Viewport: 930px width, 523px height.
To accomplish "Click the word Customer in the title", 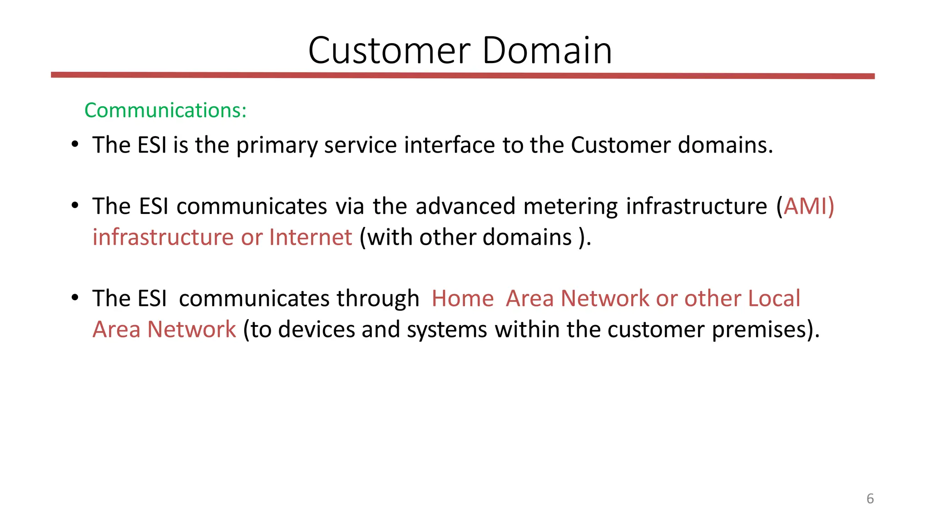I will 389,50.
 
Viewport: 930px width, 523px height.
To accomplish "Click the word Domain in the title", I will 547,50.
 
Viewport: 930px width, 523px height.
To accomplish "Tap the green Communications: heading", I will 165,110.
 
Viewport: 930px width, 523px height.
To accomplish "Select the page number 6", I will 870,498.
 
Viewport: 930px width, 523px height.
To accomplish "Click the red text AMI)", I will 809,207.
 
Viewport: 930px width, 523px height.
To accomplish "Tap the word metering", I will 570,207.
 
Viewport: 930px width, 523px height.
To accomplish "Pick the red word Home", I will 462,299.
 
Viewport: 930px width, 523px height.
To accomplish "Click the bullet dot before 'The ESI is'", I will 75,145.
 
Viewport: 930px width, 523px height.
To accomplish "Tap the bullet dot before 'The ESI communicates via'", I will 75,206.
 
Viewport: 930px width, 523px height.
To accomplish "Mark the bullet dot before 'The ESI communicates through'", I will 75,298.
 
